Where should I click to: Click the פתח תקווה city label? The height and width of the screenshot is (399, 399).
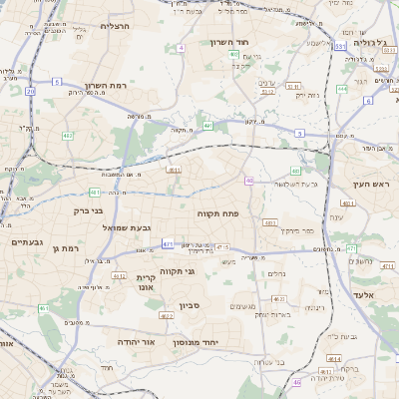coord(215,213)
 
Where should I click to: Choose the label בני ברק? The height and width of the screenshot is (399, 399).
coord(90,210)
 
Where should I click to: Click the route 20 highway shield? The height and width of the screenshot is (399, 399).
coord(30,91)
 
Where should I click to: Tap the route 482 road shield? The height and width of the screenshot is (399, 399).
coord(68,134)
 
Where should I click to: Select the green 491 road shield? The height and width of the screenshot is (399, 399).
coord(95,192)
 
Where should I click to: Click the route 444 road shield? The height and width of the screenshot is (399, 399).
coord(341,88)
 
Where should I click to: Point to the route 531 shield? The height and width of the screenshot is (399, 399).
coord(339,46)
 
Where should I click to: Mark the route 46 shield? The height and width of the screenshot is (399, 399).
coord(296,382)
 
